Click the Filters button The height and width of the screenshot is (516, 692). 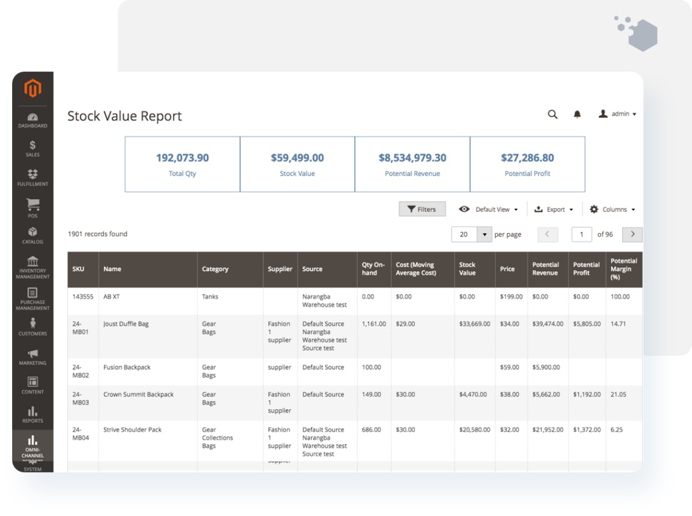coord(422,210)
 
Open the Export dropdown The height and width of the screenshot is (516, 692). coord(554,210)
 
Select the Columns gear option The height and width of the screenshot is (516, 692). coord(612,210)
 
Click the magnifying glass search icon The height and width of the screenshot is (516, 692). coord(552,114)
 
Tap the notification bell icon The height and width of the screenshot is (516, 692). coord(577,114)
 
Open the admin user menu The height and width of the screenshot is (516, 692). coord(617,114)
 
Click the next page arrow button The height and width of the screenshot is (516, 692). coord(633,234)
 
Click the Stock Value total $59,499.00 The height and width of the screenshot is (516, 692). coord(297,158)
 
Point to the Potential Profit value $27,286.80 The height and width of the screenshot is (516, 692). coord(527,158)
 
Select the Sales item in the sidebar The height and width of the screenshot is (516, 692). coord(32,148)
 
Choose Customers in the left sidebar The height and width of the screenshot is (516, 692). coord(32,327)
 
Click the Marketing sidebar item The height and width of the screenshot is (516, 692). coord(32,357)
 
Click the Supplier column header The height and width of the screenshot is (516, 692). coord(280,269)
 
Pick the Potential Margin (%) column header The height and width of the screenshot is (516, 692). coord(623,269)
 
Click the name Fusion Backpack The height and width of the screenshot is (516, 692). coord(127,367)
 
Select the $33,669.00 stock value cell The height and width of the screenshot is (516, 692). coord(475,324)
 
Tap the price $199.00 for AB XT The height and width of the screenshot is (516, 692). coord(511,297)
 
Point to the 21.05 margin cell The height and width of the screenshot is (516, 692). coord(618,395)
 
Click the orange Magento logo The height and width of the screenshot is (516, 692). coord(33,89)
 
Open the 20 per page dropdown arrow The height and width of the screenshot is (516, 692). coord(484,234)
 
